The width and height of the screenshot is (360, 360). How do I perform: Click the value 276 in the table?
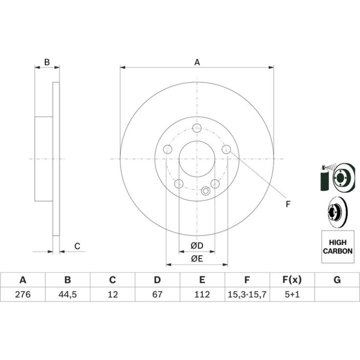click(23, 294)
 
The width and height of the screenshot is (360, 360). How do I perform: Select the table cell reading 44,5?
click(67, 294)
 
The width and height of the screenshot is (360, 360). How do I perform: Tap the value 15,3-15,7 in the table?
click(247, 294)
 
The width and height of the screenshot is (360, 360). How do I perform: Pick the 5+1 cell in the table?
click(292, 294)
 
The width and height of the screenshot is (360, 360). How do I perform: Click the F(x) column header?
click(292, 280)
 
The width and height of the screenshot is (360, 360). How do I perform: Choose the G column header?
click(337, 280)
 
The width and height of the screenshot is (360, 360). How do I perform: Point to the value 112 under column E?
click(202, 294)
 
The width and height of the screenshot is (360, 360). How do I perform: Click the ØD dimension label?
click(197, 245)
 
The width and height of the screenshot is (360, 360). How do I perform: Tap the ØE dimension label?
click(197, 259)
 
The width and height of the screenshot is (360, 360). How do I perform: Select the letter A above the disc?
click(197, 62)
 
